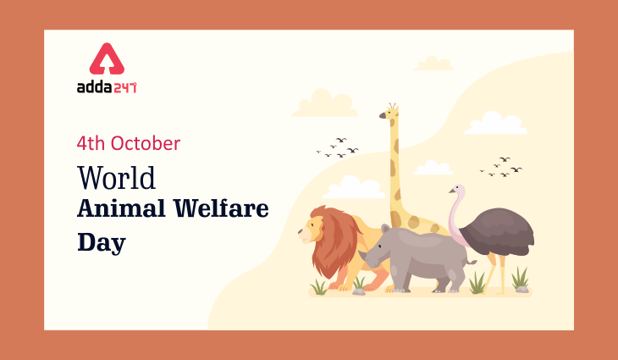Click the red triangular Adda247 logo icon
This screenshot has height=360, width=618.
tap(106, 60)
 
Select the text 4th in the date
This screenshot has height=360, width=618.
tap(91, 143)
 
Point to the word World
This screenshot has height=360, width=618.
tap(117, 179)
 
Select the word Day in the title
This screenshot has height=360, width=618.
tap(102, 244)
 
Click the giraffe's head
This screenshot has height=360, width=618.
tap(390, 114)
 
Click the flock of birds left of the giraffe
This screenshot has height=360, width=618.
tap(338, 147)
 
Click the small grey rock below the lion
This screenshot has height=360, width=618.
tap(359, 291)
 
